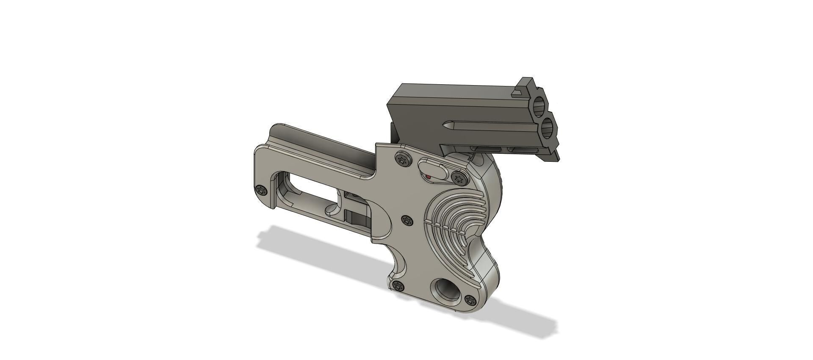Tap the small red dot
coord(428,176)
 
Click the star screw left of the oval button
coord(403,160)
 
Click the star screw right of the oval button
coord(458,179)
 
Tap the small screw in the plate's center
coord(407,220)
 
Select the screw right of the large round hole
coord(470,300)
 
